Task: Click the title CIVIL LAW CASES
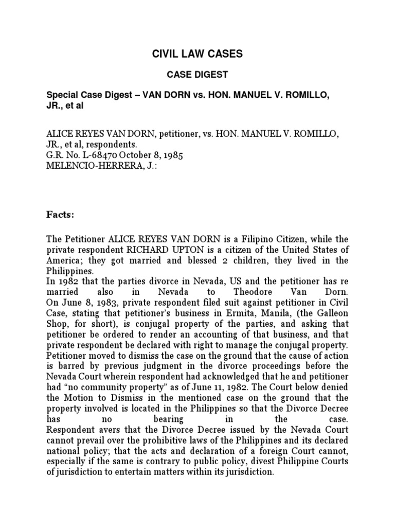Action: click(197, 54)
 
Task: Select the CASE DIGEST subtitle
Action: click(197, 75)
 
